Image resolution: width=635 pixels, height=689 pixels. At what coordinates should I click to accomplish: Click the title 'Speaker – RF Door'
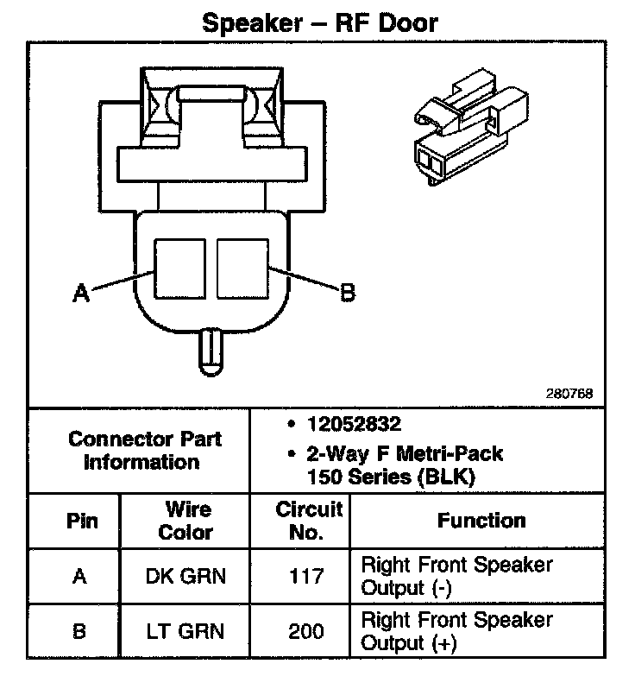coord(319,22)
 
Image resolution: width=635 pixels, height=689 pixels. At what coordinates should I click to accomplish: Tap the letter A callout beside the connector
coord(80,294)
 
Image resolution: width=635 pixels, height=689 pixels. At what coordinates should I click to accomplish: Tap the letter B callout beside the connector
coord(347,294)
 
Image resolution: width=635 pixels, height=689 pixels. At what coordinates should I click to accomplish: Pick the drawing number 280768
coord(569,394)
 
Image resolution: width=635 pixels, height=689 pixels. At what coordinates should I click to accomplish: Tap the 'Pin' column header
coord(81,521)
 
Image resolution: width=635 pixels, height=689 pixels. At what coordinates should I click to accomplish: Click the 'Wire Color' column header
coord(187,521)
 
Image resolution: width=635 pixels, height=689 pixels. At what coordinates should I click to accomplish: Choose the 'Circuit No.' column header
coord(308,521)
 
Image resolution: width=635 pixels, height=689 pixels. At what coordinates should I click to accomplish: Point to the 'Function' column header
coord(481,521)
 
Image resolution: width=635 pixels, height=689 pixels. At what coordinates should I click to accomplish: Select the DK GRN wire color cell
coord(187,577)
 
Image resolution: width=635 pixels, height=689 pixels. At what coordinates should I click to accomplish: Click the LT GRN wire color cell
coord(187,631)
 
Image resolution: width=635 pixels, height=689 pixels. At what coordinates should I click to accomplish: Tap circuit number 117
coord(306,577)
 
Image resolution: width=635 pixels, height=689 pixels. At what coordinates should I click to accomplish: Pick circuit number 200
coord(306,631)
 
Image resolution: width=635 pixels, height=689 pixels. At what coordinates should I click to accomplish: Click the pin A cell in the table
coord(80,577)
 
